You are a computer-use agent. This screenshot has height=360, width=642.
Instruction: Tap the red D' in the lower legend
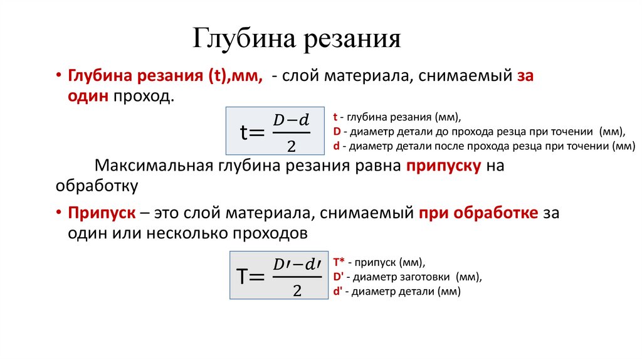pos(337,277)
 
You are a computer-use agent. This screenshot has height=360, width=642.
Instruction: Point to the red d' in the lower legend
pos(337,292)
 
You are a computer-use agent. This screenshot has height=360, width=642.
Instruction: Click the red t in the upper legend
pos(335,117)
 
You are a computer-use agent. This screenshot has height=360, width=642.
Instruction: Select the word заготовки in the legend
pos(424,277)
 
